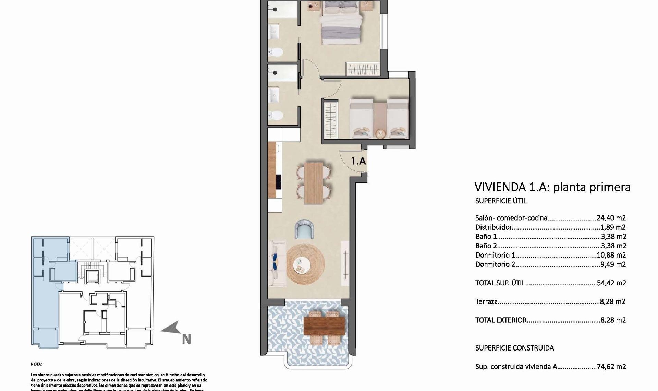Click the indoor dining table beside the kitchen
tap(314, 183)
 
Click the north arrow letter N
tap(186, 339)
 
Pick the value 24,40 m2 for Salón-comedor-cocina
tap(611, 218)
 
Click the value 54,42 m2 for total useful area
tap(611, 283)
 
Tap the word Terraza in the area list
tap(486, 302)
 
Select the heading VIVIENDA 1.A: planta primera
tap(552, 187)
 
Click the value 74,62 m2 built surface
tap(611, 367)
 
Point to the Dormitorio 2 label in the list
tap(495, 264)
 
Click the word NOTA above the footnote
tap(36, 364)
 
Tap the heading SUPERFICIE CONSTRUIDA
tap(514, 348)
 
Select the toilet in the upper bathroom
tap(276, 52)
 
